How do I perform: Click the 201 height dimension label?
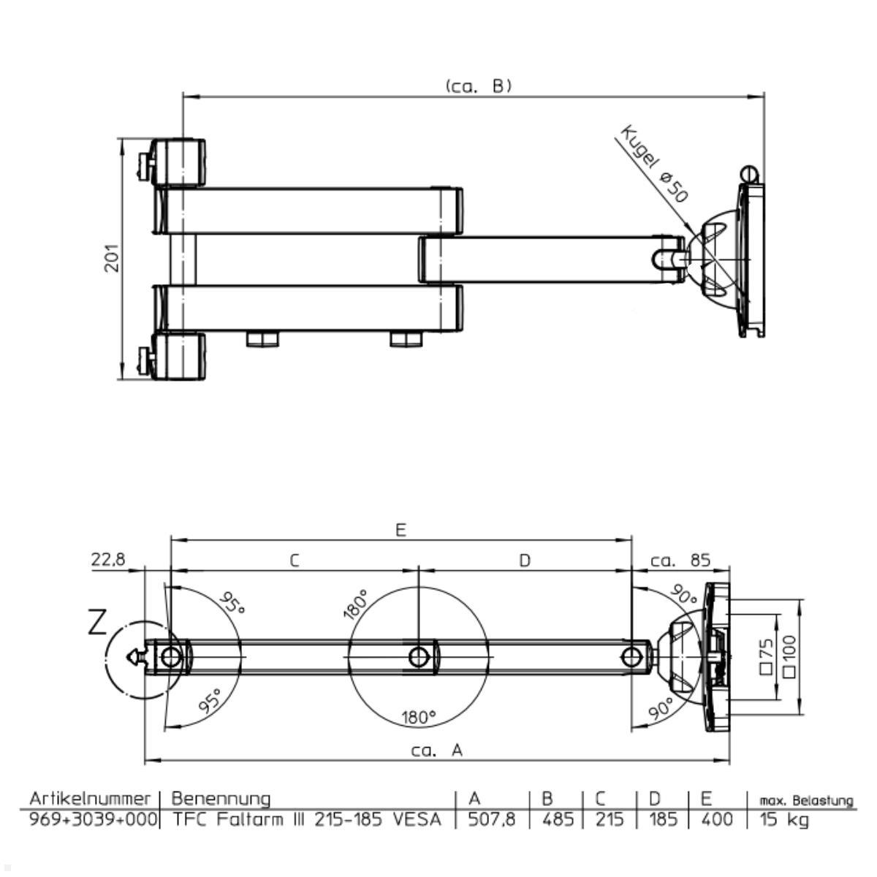point(112,258)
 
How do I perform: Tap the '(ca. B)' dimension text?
point(478,86)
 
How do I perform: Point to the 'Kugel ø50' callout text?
point(653,164)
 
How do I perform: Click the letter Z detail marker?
point(97,622)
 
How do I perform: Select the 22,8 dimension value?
point(108,559)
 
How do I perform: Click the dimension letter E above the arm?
point(400,530)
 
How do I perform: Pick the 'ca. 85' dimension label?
point(680,560)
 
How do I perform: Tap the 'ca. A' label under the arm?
point(437,751)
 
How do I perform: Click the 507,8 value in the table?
point(492,820)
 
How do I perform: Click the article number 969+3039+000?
point(94,820)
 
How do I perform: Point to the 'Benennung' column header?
point(221,799)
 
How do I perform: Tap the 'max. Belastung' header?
point(806,800)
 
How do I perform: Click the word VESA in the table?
point(417,820)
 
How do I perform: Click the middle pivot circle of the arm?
point(419,657)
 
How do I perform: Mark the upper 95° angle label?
point(232,602)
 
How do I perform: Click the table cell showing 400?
point(717,820)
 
